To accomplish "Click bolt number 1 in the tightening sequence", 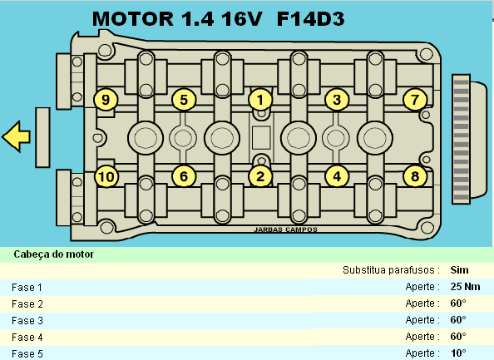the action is pos(260,100).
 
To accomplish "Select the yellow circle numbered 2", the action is pos(260,176).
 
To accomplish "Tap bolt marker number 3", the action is pos(337,100).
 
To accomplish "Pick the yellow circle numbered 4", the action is pos(337,176).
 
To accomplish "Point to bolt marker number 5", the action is pos(184,100).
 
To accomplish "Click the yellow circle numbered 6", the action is pos(184,176).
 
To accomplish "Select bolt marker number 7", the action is pos(415,100).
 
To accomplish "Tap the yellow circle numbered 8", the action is pos(415,176).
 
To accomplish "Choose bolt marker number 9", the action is pos(106,100).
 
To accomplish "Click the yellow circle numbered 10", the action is pos(106,176).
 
